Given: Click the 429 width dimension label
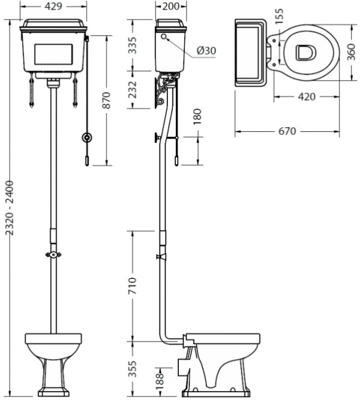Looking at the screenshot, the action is pyautogui.click(x=54, y=7).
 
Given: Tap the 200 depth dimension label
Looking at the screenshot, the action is pyautogui.click(x=171, y=7).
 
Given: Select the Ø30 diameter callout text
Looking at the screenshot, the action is pyautogui.click(x=206, y=51).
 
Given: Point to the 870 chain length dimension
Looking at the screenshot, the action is pyautogui.click(x=107, y=100).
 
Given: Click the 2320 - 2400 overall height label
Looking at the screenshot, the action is pyautogui.click(x=10, y=208).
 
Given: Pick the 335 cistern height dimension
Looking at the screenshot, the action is pyautogui.click(x=132, y=45).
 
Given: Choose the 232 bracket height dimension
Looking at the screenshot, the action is pyautogui.click(x=132, y=90).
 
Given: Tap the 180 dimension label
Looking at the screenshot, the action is pyautogui.click(x=197, y=117).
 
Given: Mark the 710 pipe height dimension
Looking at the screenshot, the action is pyautogui.click(x=132, y=286).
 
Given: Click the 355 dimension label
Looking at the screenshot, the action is pyautogui.click(x=132, y=369).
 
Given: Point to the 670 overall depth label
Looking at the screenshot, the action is pyautogui.click(x=287, y=131).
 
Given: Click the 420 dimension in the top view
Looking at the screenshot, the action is pyautogui.click(x=306, y=96).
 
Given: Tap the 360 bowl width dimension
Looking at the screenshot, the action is pyautogui.click(x=352, y=52).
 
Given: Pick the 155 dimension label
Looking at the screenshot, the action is pyautogui.click(x=279, y=16).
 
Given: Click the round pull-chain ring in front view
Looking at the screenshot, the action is pyautogui.click(x=87, y=137).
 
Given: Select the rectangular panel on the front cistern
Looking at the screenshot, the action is pyautogui.click(x=54, y=54).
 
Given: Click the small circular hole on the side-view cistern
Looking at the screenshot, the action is pyautogui.click(x=164, y=37).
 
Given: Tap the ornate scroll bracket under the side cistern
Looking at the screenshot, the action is pyautogui.click(x=166, y=89).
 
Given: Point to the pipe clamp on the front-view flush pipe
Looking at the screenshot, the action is pyautogui.click(x=54, y=254).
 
